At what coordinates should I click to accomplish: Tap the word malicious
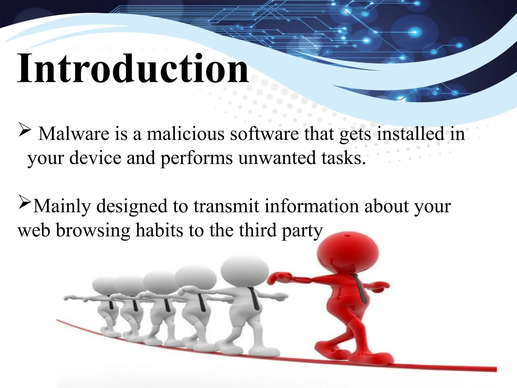(x=186, y=134)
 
